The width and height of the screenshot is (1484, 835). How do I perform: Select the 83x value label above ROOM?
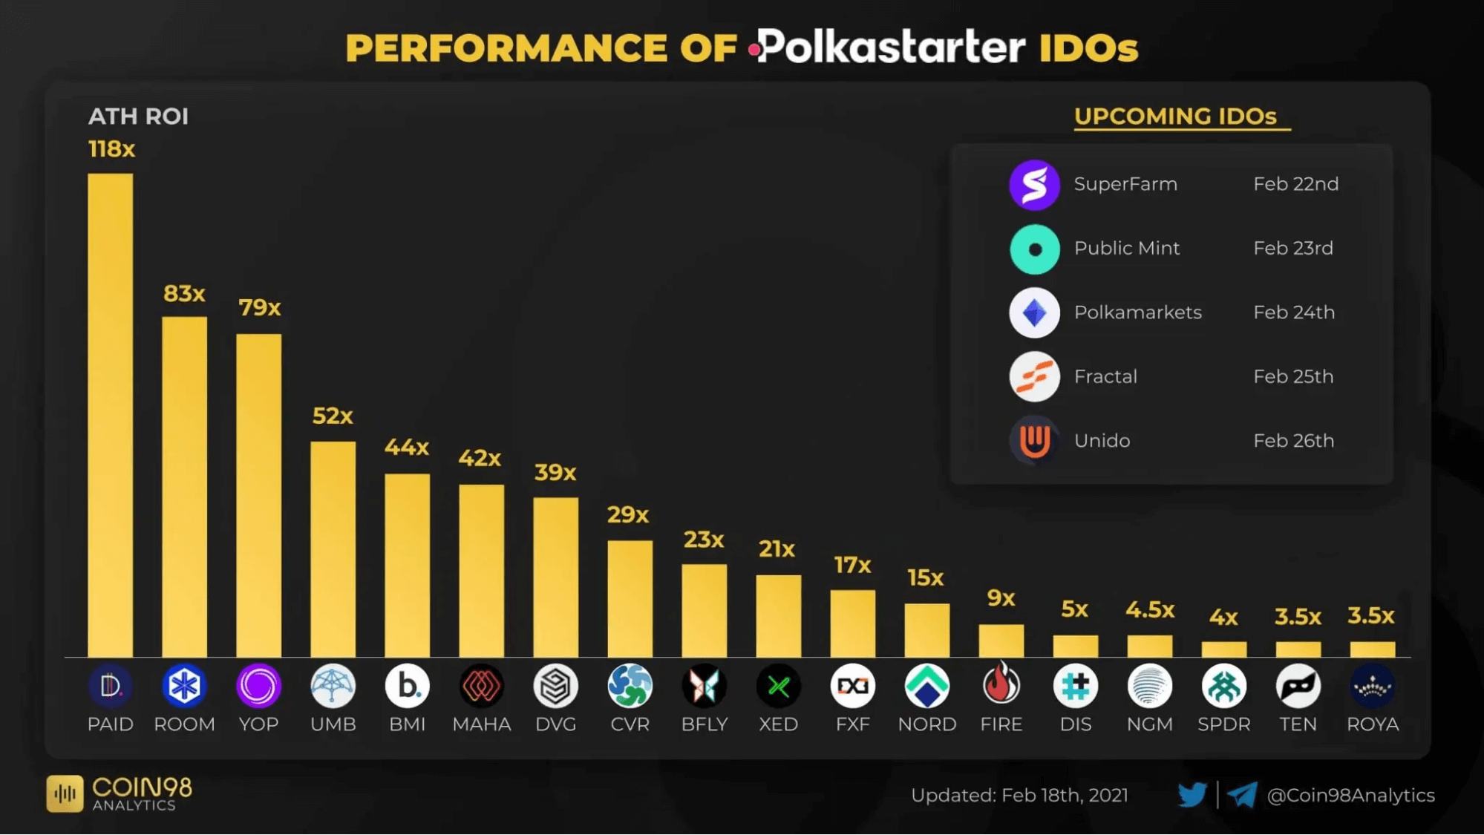pyautogui.click(x=184, y=294)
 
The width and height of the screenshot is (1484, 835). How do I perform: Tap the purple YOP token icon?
pyautogui.click(x=258, y=686)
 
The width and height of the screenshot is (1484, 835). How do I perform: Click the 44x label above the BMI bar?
pyautogui.click(x=406, y=448)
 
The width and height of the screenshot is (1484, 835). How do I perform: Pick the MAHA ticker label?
pyautogui.click(x=481, y=724)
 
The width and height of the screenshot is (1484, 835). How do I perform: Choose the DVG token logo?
pyautogui.click(x=555, y=686)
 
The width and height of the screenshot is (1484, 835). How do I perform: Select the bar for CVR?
pyautogui.click(x=630, y=597)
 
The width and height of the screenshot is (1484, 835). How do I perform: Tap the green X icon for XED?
pyautogui.click(x=778, y=686)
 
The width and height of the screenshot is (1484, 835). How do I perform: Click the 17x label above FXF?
pyautogui.click(x=852, y=566)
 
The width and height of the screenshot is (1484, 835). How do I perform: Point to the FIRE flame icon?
pyautogui.click(x=1001, y=684)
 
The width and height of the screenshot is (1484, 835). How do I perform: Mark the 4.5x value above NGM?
pyautogui.click(x=1149, y=610)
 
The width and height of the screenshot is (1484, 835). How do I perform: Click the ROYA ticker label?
pyautogui.click(x=1372, y=724)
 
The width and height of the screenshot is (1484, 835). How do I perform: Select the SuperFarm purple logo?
pyautogui.click(x=1034, y=185)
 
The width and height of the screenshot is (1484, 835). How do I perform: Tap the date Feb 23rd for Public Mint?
pyautogui.click(x=1292, y=248)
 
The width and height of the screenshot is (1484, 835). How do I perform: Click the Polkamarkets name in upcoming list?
pyautogui.click(x=1137, y=312)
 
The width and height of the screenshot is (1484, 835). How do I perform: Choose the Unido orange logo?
pyautogui.click(x=1034, y=441)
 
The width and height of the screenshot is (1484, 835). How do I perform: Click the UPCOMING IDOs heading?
pyautogui.click(x=1175, y=117)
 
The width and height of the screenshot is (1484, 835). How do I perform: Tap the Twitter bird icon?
pyautogui.click(x=1192, y=795)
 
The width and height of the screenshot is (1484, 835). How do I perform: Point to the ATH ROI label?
pyautogui.click(x=138, y=117)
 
